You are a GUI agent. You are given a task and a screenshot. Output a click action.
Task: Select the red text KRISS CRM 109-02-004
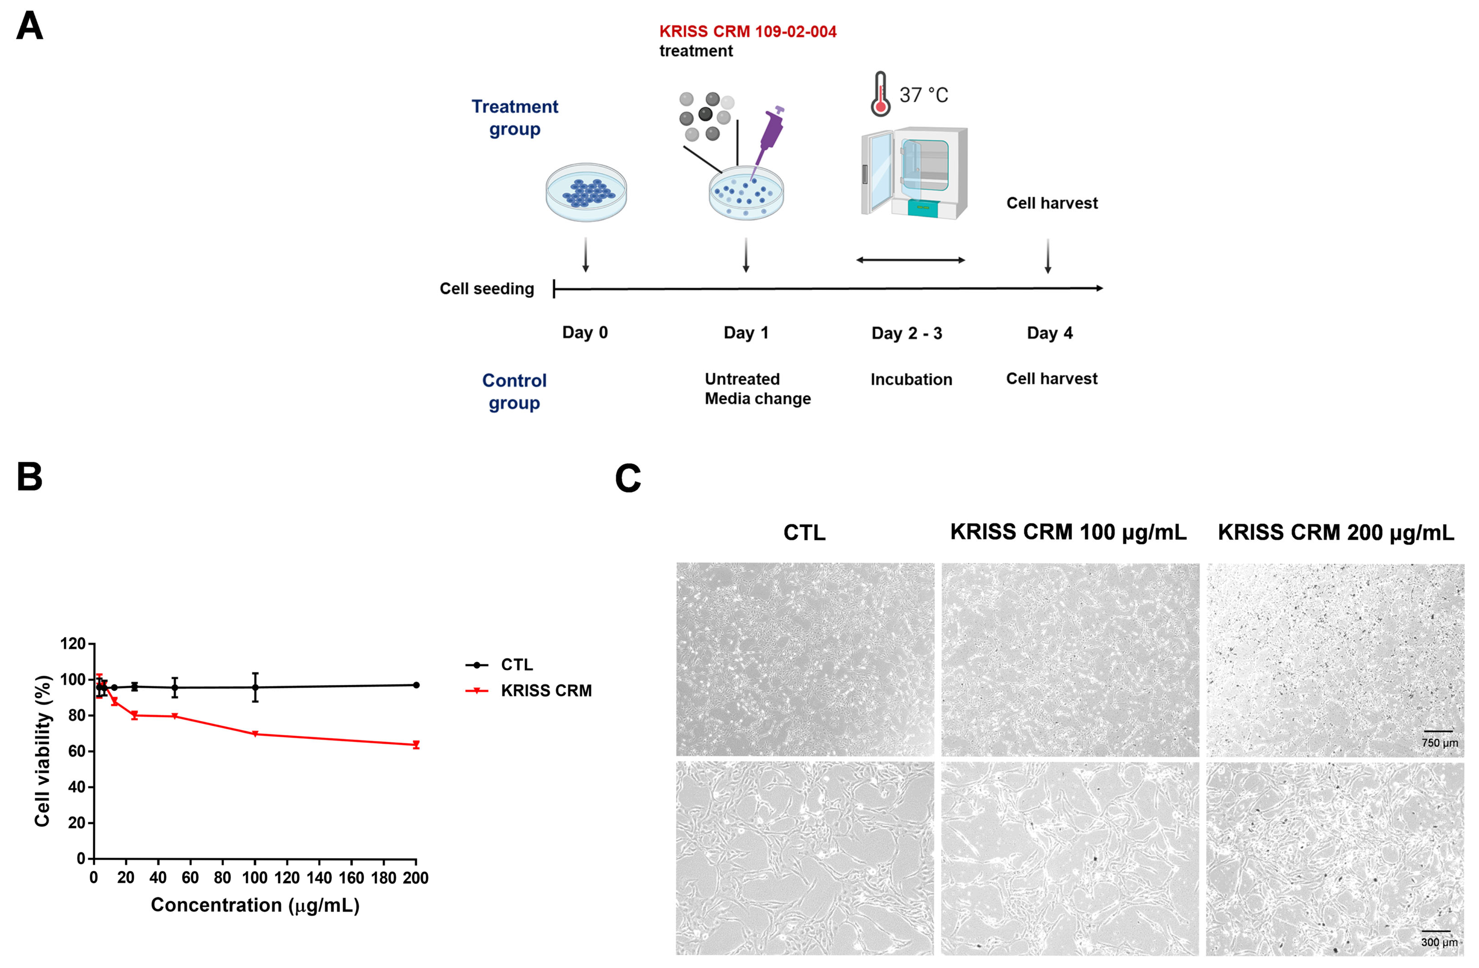[x=748, y=32]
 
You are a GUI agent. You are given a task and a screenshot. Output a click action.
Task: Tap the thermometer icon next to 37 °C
[x=880, y=94]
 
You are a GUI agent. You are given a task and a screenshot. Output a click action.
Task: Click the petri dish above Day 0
[x=586, y=193]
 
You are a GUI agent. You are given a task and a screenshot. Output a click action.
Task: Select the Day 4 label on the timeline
[x=1050, y=333]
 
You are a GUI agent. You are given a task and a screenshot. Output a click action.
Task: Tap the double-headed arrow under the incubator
[x=910, y=260]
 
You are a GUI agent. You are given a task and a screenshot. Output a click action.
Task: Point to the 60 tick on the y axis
[x=76, y=751]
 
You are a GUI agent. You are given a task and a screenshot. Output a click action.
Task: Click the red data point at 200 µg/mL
[x=416, y=744]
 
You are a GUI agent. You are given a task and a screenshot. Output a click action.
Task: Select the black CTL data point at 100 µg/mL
[x=255, y=687]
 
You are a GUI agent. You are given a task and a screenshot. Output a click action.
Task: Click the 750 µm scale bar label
[x=1439, y=743]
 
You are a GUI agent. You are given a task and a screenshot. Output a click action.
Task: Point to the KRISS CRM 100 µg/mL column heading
[x=1068, y=532]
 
